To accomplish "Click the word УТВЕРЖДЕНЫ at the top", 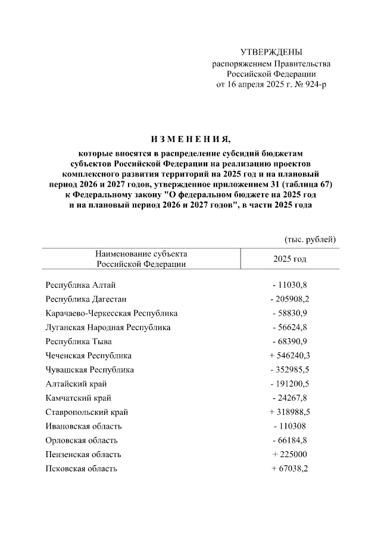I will [x=271, y=52].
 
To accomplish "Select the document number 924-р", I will [x=313, y=84].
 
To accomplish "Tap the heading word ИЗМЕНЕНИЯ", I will [x=190, y=140].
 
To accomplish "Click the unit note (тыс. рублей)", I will [x=311, y=239].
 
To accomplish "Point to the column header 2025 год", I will [x=289, y=259].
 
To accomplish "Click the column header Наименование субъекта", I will [x=141, y=254].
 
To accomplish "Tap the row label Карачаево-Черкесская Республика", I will [x=111, y=313].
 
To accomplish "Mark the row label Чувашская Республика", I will [x=89, y=370].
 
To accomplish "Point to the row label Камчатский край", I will [x=78, y=398].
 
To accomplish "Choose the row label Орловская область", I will [x=82, y=441].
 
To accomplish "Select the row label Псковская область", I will [x=82, y=469].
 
